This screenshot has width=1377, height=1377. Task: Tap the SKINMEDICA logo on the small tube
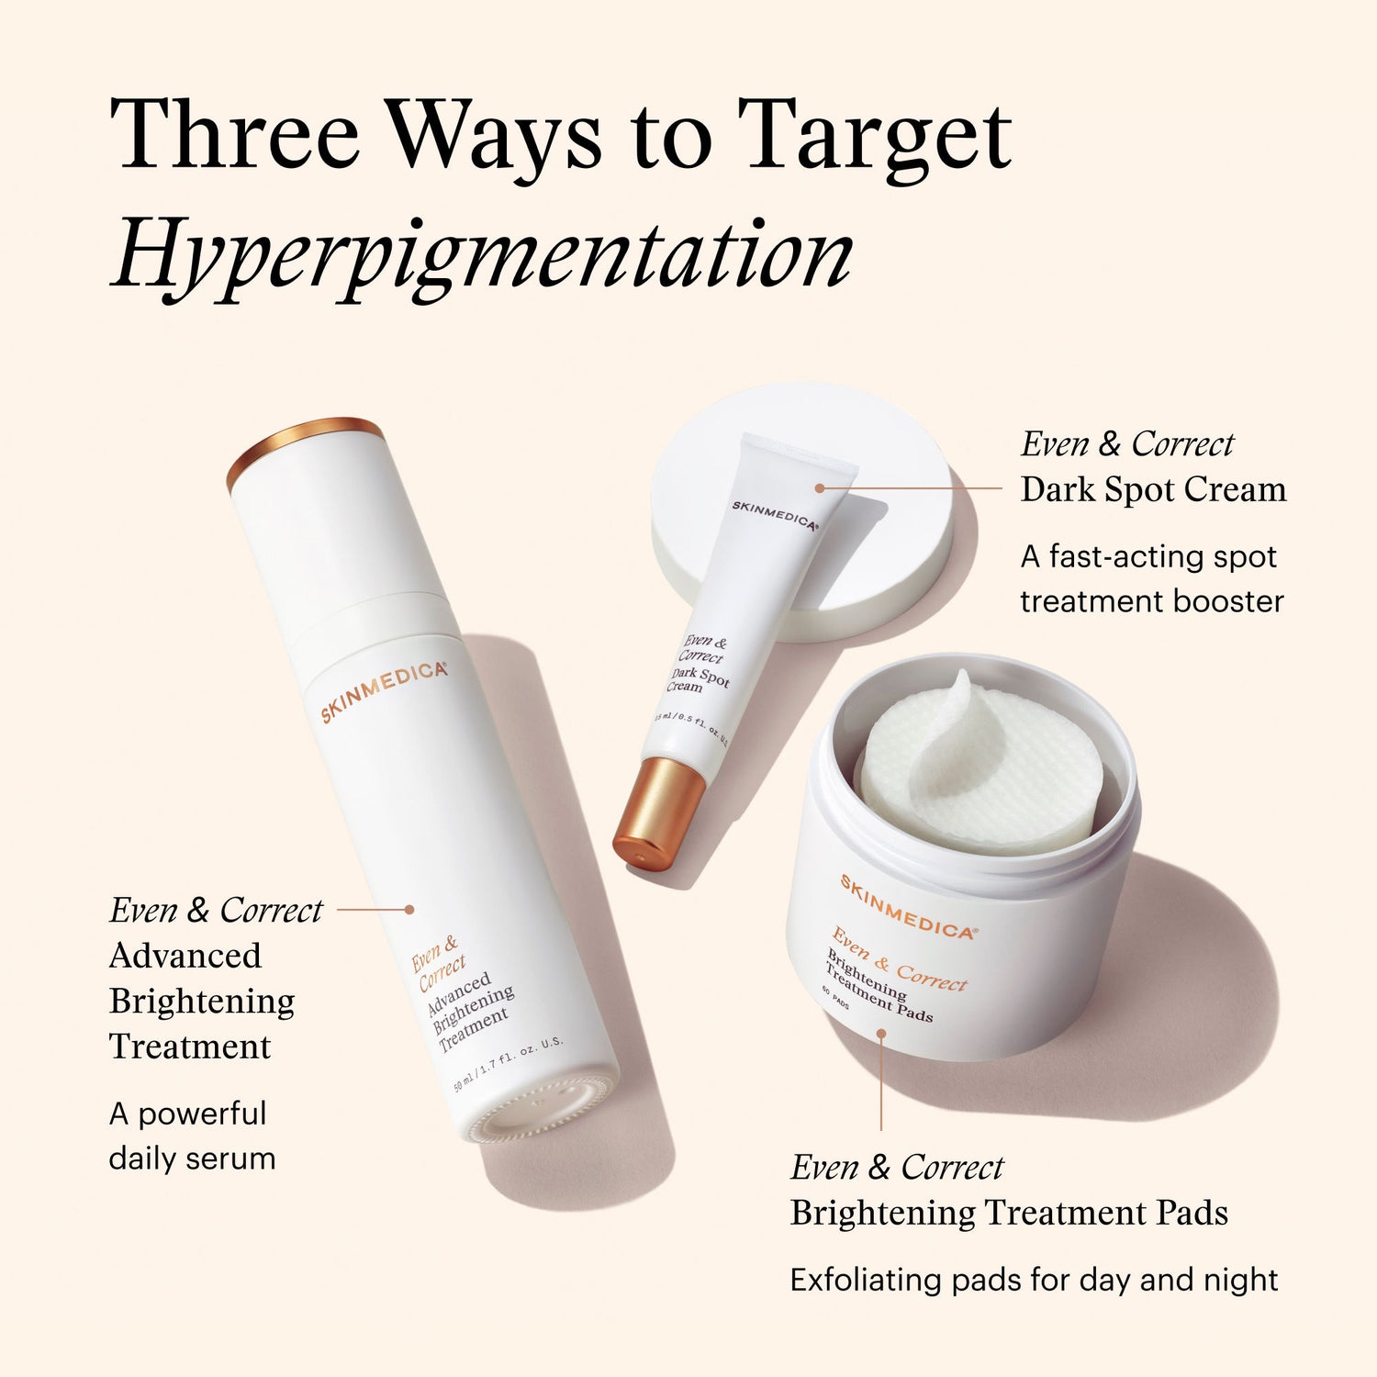click(x=774, y=515)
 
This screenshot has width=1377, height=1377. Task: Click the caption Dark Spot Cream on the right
click(x=1153, y=489)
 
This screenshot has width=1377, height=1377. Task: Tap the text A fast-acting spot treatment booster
click(x=1151, y=579)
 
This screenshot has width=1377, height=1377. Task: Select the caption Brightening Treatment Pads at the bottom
click(x=1008, y=1213)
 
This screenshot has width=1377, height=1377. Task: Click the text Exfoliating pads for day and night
click(x=1034, y=1280)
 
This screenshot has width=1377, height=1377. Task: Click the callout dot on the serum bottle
click(x=409, y=910)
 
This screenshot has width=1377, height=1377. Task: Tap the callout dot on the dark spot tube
click(x=820, y=488)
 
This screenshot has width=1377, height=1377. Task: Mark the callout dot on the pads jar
click(x=880, y=1034)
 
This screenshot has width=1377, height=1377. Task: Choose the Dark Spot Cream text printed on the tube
click(x=700, y=679)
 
